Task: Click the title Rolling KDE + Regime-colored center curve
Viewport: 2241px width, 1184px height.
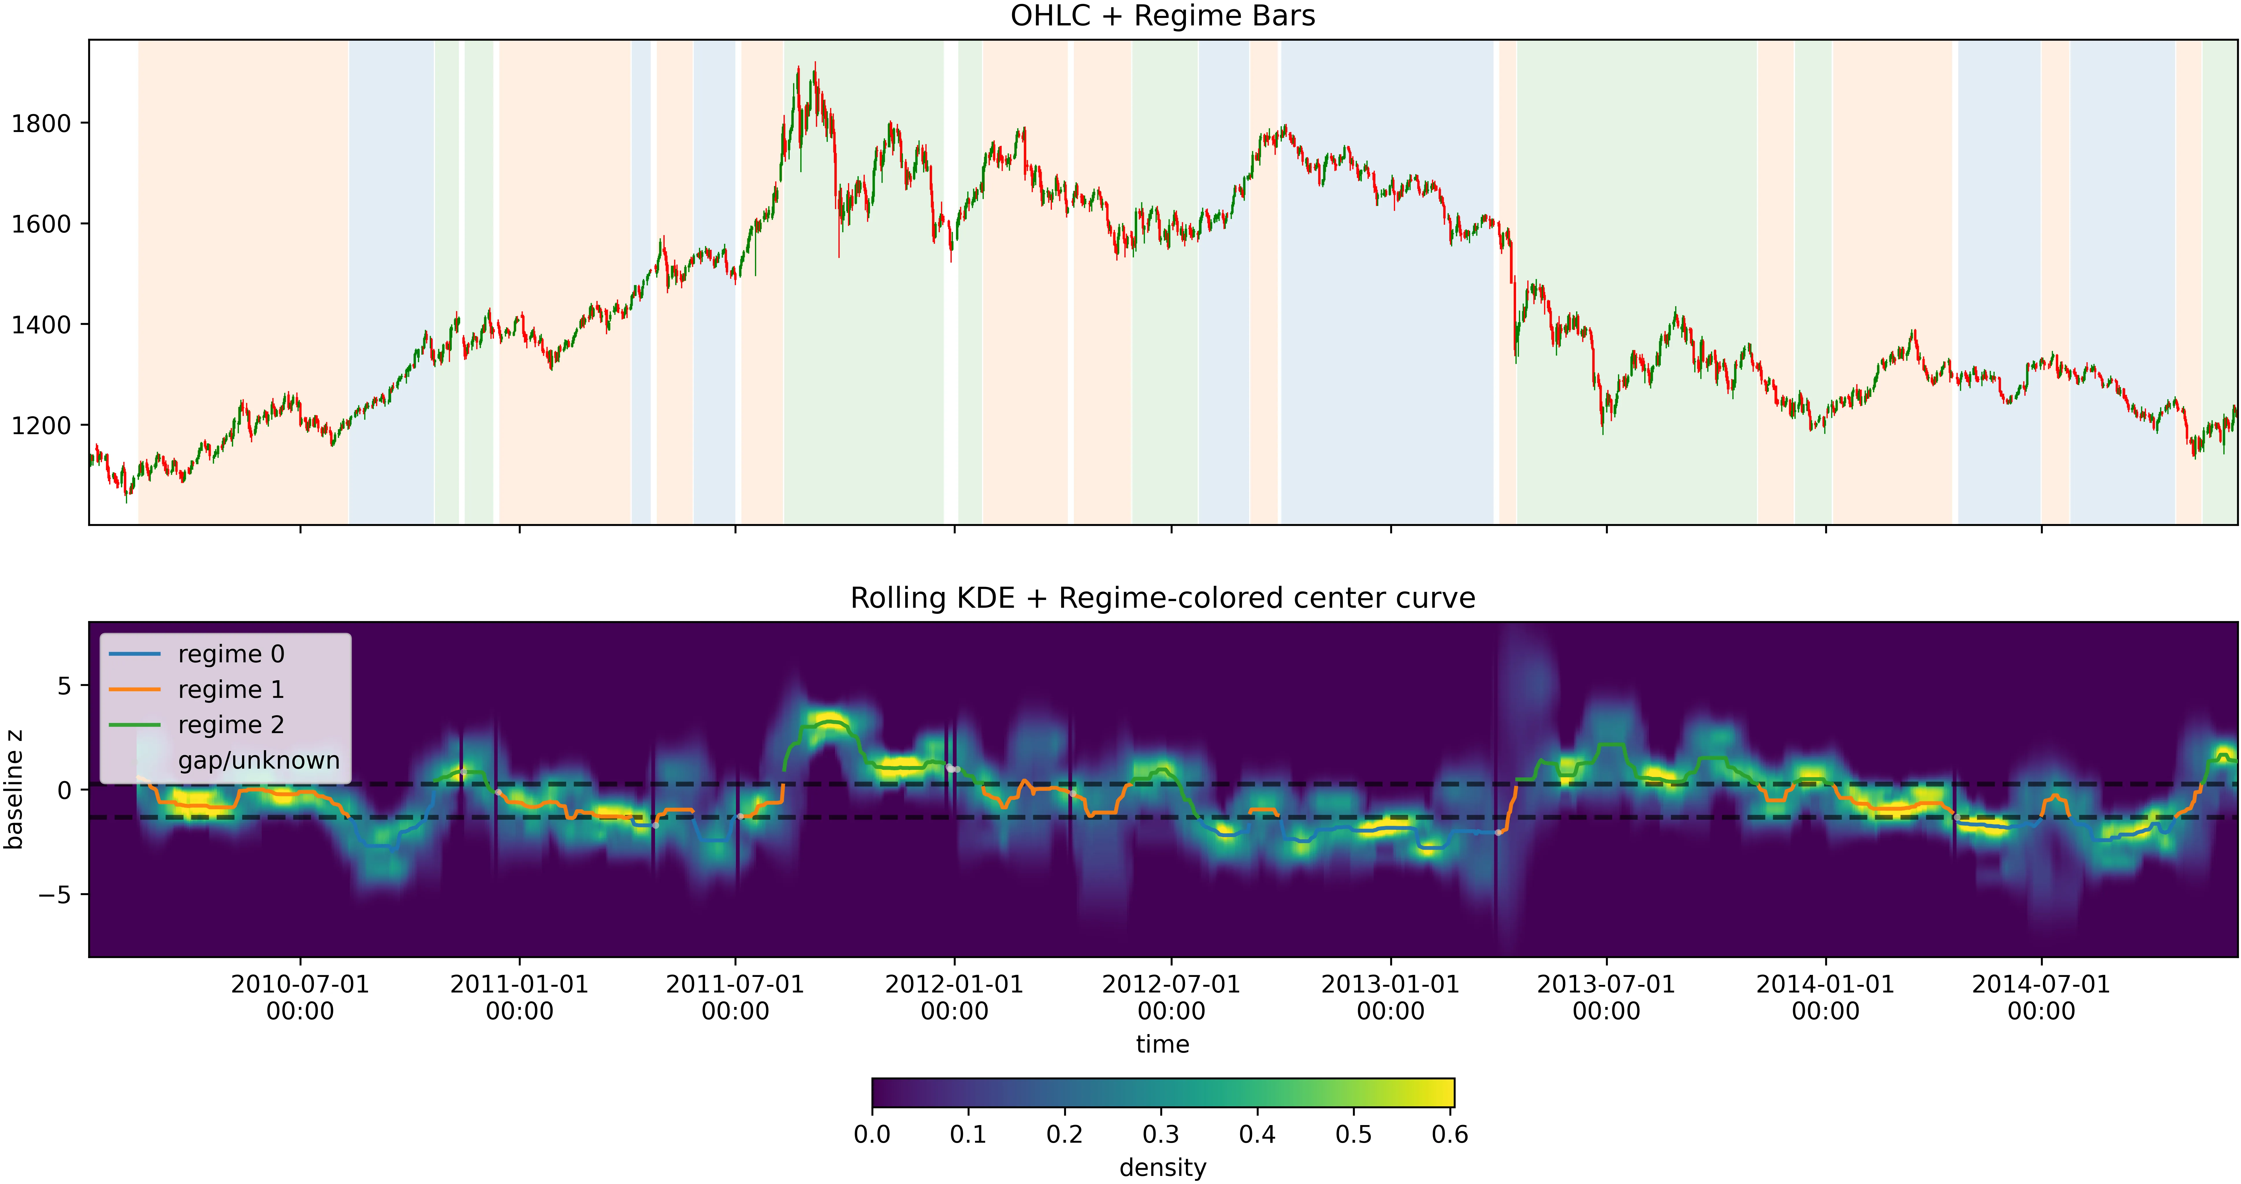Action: click(1162, 598)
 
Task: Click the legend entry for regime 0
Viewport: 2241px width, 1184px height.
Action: click(230, 654)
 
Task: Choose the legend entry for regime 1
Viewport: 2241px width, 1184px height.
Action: click(230, 690)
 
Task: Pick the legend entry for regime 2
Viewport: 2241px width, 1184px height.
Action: click(230, 725)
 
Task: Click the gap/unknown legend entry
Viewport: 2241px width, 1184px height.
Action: click(258, 760)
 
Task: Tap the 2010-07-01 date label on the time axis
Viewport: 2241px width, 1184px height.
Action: click(300, 997)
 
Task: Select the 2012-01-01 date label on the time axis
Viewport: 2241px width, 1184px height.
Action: click(954, 997)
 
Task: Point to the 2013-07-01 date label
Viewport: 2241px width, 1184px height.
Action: click(1606, 997)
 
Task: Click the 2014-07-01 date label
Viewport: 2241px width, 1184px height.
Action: click(2041, 997)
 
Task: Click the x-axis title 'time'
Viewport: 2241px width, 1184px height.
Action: click(1162, 1044)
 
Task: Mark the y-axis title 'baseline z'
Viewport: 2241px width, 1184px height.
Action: click(14, 789)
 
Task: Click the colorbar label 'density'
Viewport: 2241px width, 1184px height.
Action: click(1162, 1168)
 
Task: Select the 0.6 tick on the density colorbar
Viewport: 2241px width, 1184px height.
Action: click(1449, 1134)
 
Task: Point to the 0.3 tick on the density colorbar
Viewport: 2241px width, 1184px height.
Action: click(1161, 1134)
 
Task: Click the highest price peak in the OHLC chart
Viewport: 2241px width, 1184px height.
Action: click(814, 64)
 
